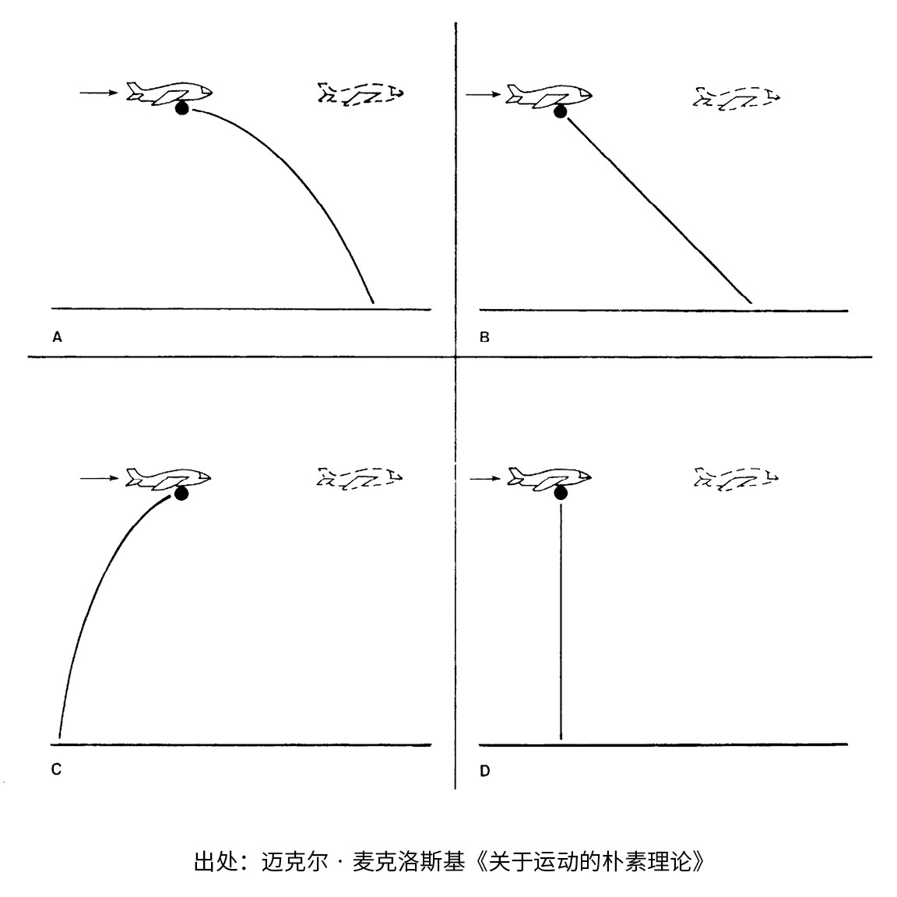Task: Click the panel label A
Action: (x=56, y=337)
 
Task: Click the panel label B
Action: (x=484, y=337)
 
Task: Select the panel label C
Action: (x=56, y=769)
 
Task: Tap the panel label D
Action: (x=484, y=771)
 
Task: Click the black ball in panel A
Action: (x=182, y=109)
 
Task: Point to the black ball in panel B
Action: (x=560, y=112)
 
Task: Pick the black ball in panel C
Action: (x=181, y=493)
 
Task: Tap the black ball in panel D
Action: (x=561, y=492)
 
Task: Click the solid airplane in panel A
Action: (x=170, y=93)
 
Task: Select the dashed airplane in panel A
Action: (x=361, y=93)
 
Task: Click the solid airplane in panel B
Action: (x=549, y=95)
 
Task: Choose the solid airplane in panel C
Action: (x=169, y=479)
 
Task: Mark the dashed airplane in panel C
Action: (x=360, y=478)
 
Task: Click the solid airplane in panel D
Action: (x=549, y=477)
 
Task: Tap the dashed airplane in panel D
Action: (x=736, y=480)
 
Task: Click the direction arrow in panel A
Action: (x=97, y=93)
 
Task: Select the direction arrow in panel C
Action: (x=97, y=478)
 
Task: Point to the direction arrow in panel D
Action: (x=483, y=478)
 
